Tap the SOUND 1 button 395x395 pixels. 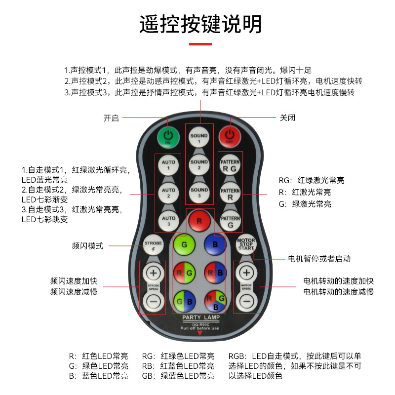coord(199,138)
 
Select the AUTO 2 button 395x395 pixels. coord(168,193)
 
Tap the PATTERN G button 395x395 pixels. coord(230,220)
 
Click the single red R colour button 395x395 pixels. coord(199,221)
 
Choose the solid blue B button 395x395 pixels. coord(215,245)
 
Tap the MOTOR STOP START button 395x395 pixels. coord(246,244)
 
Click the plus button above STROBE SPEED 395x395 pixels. coord(153,273)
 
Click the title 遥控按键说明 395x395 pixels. coord(200,24)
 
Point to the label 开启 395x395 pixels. coord(111,118)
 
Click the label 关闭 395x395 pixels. coord(288,118)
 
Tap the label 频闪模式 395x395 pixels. coord(87,246)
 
